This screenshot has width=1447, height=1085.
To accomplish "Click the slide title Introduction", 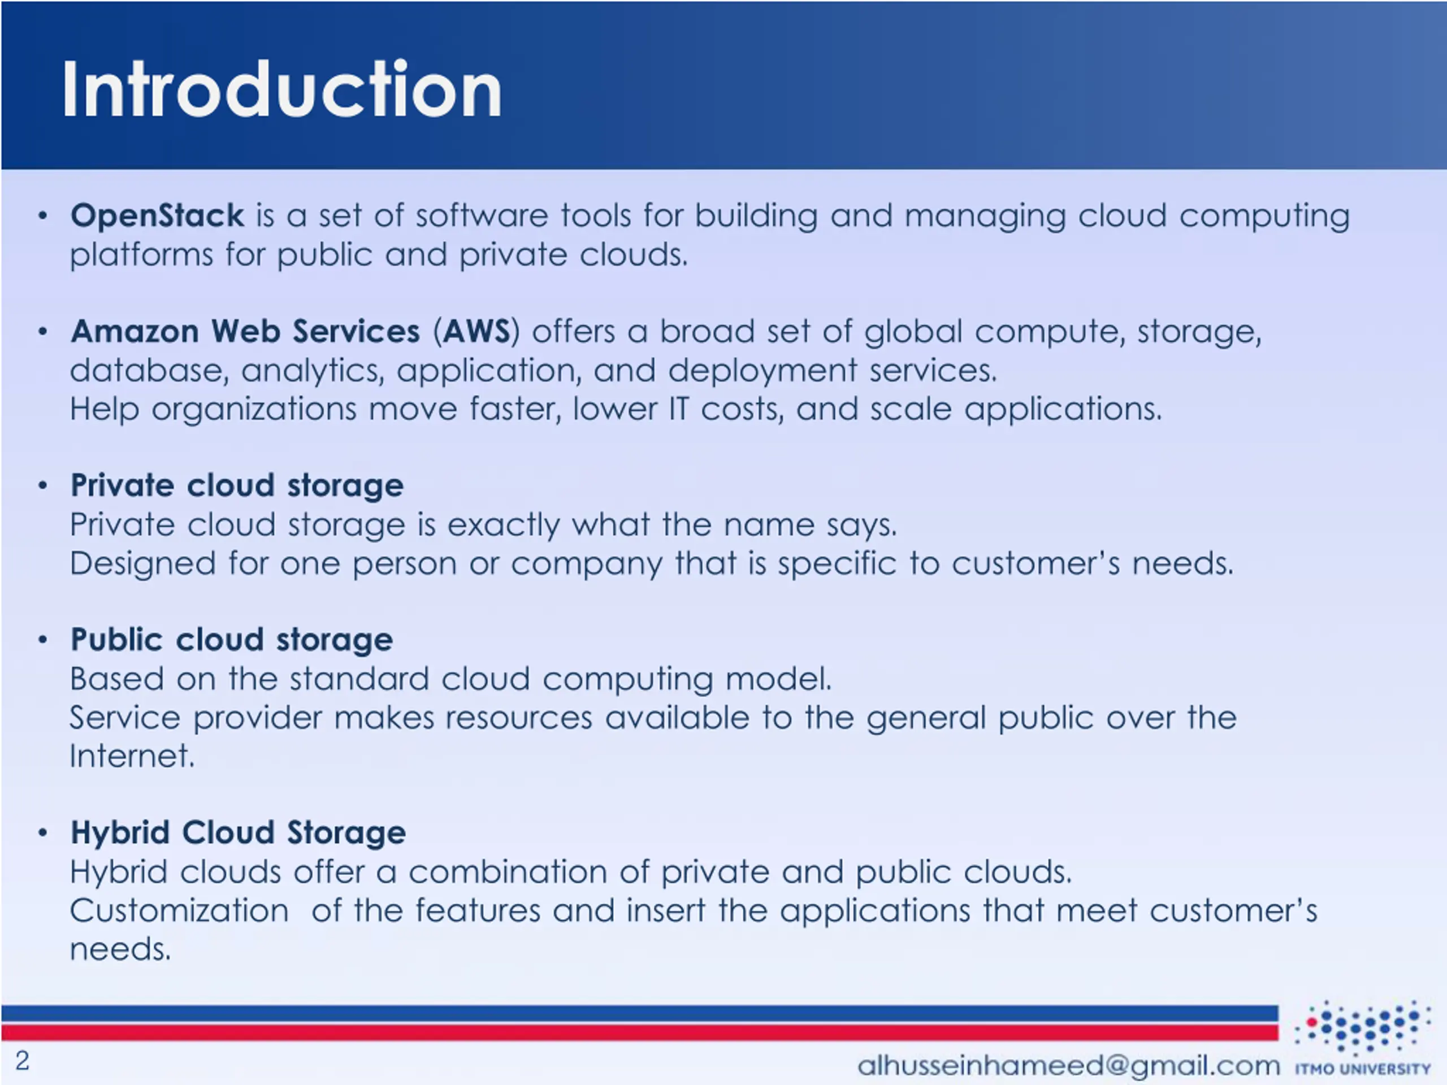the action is click(281, 90).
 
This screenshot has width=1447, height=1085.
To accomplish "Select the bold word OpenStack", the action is click(157, 215).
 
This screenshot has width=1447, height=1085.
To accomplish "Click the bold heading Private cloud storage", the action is click(237, 485).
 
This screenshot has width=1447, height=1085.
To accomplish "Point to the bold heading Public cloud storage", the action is click(232, 640).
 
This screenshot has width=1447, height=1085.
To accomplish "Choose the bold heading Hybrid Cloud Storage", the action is click(238, 832).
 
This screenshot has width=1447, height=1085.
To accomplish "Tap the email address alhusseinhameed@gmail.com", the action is click(1068, 1065).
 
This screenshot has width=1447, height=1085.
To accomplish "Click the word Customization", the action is click(179, 910).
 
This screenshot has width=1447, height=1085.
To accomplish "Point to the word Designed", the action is click(142, 564).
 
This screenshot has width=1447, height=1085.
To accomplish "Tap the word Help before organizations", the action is click(105, 409).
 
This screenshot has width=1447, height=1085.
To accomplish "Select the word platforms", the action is click(141, 254).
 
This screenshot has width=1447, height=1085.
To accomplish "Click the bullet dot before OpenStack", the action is click(43, 216).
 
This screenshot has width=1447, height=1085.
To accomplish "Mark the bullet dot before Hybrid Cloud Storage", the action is click(43, 833).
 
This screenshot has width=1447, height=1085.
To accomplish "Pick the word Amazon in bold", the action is click(135, 331).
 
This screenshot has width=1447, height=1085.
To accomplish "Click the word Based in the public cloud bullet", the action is click(116, 679).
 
